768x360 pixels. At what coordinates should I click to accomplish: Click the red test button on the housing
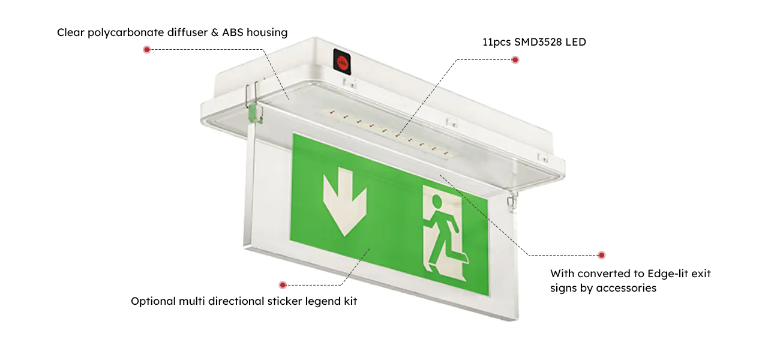pyautogui.click(x=342, y=59)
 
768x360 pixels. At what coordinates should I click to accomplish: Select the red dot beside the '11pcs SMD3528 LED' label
pyautogui.click(x=515, y=59)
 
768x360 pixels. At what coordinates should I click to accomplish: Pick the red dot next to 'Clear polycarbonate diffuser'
pyautogui.click(x=146, y=49)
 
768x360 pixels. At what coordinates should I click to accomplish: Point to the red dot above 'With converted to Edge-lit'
pyautogui.click(x=601, y=255)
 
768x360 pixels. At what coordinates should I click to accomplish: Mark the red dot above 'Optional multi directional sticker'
pyautogui.click(x=283, y=284)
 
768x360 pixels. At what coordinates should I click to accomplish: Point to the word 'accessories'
pyautogui.click(x=626, y=288)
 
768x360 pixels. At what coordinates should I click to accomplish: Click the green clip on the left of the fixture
pyautogui.click(x=253, y=112)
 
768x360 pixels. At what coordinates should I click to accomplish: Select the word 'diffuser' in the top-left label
pyautogui.click(x=187, y=32)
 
